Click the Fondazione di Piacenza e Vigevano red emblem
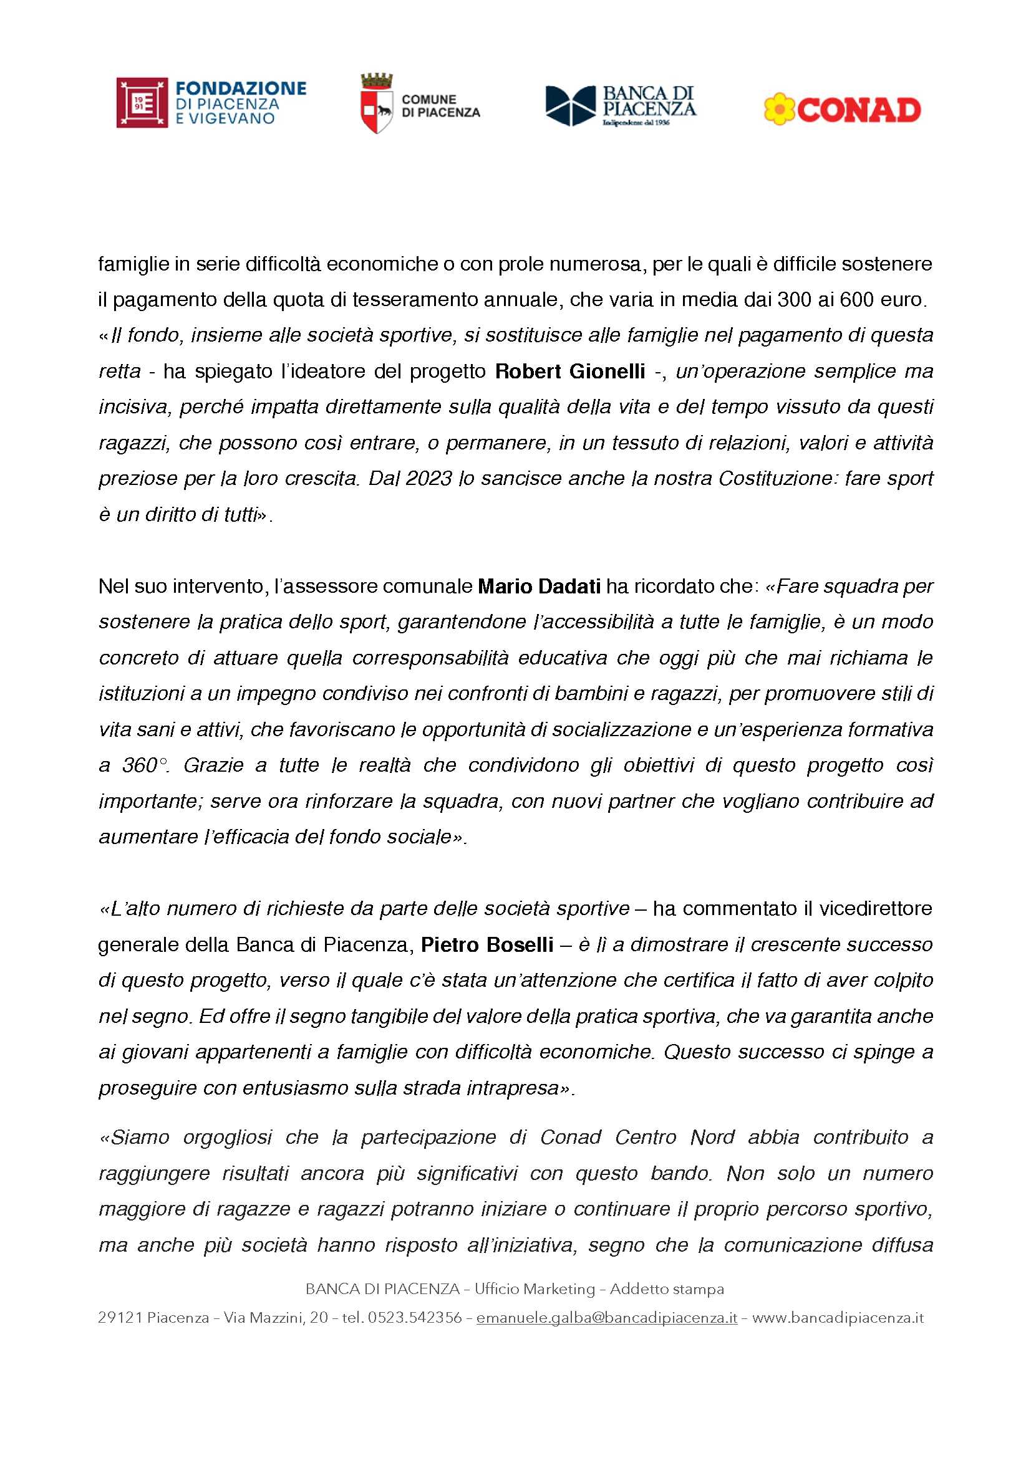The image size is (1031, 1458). [142, 103]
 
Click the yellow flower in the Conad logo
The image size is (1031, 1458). [778, 109]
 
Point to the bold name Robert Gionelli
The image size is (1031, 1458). [570, 371]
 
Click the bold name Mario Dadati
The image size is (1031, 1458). [539, 585]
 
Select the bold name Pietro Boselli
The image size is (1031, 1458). [487, 944]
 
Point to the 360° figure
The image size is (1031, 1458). [144, 765]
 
